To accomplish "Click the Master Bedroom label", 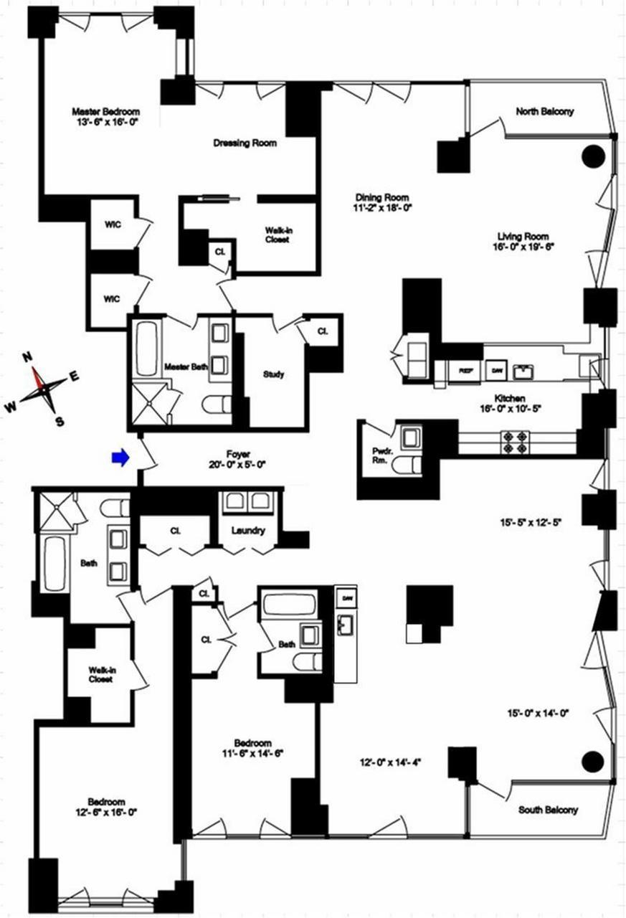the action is point(105,112).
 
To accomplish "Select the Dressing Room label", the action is point(245,143).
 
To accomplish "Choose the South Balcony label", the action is point(548,810).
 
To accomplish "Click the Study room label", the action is point(273,374).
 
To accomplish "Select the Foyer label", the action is point(237,453).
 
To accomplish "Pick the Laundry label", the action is point(247,531).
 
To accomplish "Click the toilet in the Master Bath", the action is point(217,405).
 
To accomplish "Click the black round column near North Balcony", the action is point(594,156).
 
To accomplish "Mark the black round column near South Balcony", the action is point(592,762).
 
